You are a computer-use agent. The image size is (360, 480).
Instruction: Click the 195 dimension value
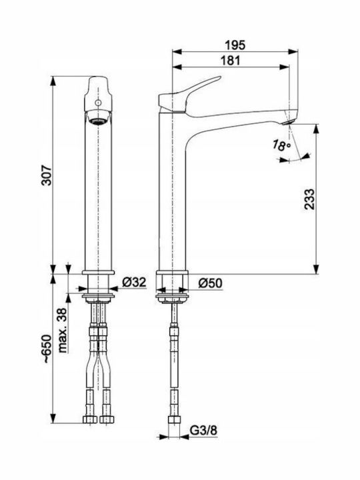[x=235, y=45]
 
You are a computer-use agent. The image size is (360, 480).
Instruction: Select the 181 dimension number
[x=231, y=60]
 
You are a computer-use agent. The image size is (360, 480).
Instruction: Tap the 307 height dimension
[x=47, y=175]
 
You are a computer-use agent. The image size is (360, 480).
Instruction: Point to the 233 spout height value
[x=309, y=199]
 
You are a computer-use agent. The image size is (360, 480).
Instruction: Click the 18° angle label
[x=281, y=145]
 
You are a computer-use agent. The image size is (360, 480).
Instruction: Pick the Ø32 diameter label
[x=134, y=282]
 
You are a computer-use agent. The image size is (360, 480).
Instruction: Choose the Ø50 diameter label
[x=210, y=283]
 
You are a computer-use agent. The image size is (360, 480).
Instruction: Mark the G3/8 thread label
[x=203, y=431]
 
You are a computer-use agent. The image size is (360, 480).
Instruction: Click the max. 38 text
[x=63, y=330]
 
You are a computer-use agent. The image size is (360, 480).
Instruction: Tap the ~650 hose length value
[x=47, y=349]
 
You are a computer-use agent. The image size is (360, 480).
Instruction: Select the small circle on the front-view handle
[x=98, y=103]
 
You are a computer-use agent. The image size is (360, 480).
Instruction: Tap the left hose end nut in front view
[x=90, y=419]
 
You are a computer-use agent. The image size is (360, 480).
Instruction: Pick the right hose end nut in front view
[x=106, y=419]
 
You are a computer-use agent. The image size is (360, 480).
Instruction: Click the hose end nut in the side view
[x=174, y=419]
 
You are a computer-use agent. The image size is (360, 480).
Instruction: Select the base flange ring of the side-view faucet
[x=172, y=273]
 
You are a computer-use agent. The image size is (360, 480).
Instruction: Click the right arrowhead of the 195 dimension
[x=293, y=51]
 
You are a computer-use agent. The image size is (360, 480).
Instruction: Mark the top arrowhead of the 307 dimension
[x=53, y=81]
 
